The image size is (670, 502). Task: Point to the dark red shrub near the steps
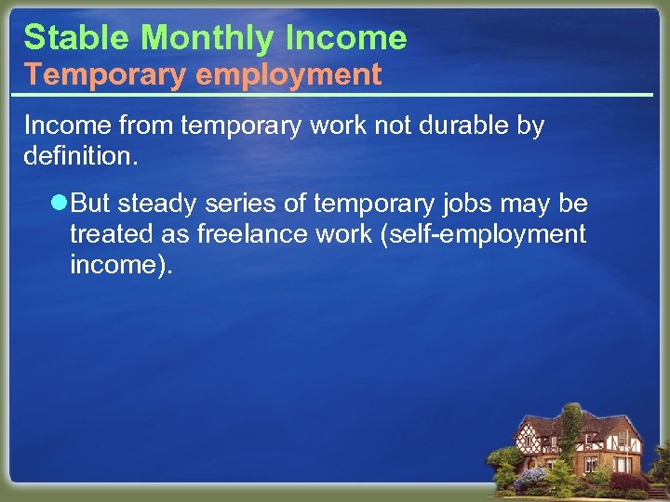coord(629,482)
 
